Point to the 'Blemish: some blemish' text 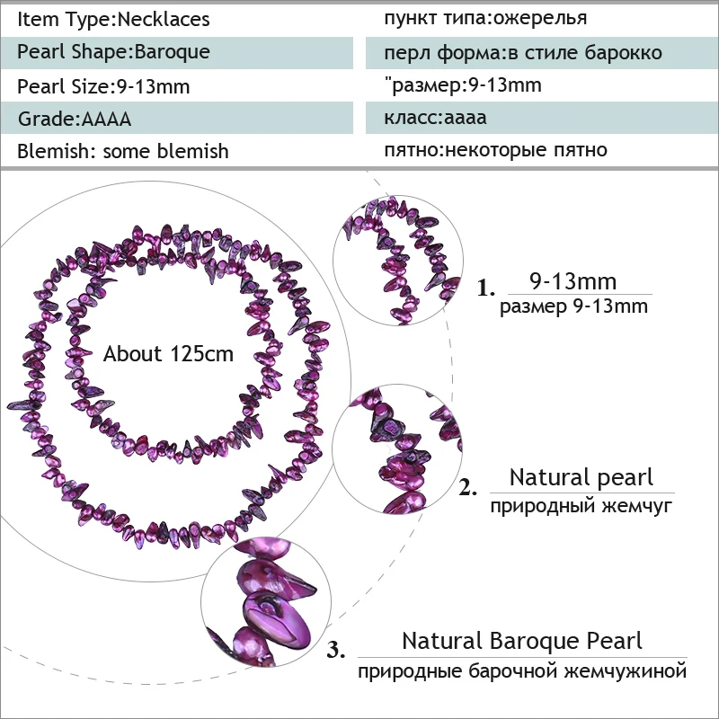pyautogui.click(x=123, y=151)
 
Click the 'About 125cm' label pyautogui.click(x=168, y=354)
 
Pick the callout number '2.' pyautogui.click(x=467, y=489)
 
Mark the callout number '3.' pyautogui.click(x=336, y=651)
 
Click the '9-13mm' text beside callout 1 pyautogui.click(x=573, y=282)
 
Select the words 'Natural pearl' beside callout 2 pyautogui.click(x=581, y=477)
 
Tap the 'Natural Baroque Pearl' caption pyautogui.click(x=522, y=641)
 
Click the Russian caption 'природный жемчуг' pyautogui.click(x=581, y=507)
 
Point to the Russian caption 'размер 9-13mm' pyautogui.click(x=573, y=306)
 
